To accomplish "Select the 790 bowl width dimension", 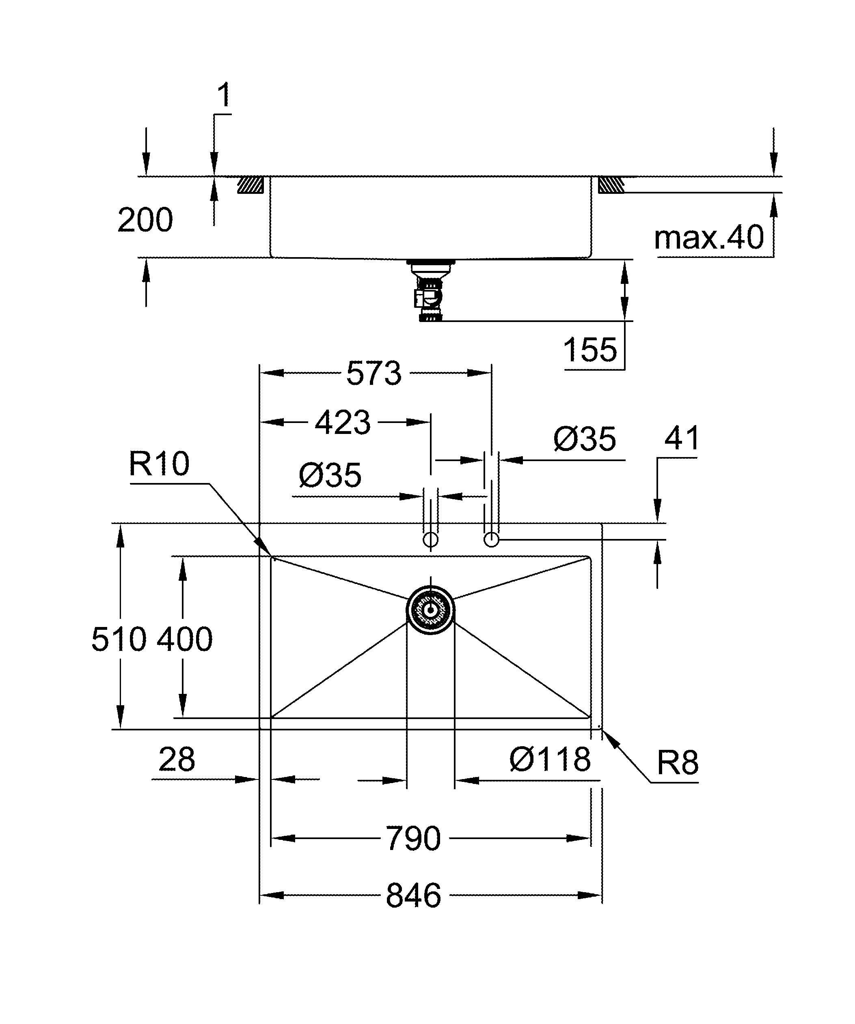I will [x=413, y=838].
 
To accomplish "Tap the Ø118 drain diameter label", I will [x=550, y=759].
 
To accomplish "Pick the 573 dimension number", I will [x=374, y=374].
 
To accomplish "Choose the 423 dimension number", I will [x=343, y=422].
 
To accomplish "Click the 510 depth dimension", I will [x=119, y=639].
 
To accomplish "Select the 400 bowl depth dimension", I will [x=184, y=639].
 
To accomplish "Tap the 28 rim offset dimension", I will [x=177, y=759].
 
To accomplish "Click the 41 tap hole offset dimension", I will [x=682, y=438].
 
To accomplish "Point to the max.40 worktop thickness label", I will [x=708, y=238].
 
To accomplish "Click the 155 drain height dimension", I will [x=589, y=350].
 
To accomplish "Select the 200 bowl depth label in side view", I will [x=145, y=220].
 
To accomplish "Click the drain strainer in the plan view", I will [x=430, y=610].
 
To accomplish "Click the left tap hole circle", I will [x=430, y=540].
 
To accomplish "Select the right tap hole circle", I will [x=491, y=540].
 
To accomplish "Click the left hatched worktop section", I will [x=250, y=185].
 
